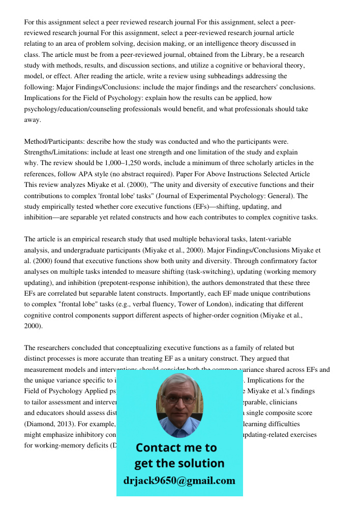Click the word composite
pyautogui.click(x=280, y=413)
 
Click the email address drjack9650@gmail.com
pyautogui.click(x=179, y=481)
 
